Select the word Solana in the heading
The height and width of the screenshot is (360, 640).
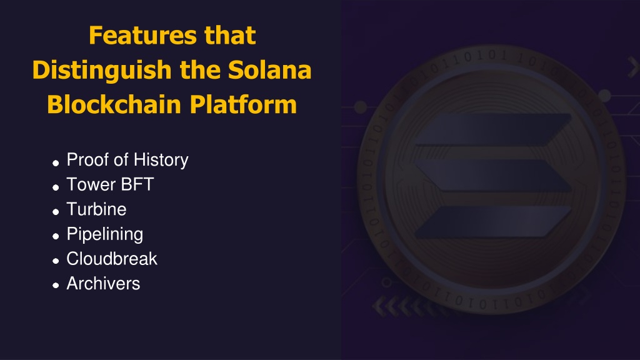(269, 70)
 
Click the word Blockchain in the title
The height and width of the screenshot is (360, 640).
(114, 104)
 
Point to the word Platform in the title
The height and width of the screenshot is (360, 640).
(243, 104)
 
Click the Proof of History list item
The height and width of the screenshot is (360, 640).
(127, 160)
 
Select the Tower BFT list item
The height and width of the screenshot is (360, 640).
(110, 184)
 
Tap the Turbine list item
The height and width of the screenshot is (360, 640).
(97, 209)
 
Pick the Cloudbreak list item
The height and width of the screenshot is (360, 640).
(112, 259)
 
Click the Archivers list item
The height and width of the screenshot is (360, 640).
(103, 284)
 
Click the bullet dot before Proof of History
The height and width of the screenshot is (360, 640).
(56, 163)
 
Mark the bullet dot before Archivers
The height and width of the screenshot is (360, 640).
(56, 286)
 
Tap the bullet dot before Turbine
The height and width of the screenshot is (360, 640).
(56, 212)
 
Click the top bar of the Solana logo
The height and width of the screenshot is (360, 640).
(493, 130)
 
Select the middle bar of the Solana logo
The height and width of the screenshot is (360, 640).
(493, 176)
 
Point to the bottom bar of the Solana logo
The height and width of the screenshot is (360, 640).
(493, 222)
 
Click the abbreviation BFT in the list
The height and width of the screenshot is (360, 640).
(137, 184)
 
